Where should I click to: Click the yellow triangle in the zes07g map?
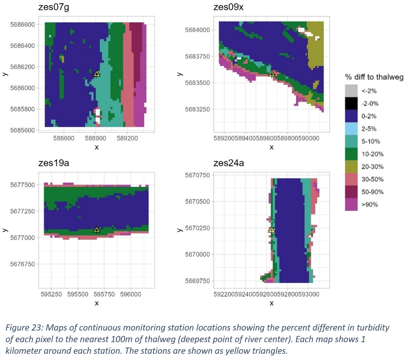[x=97, y=74]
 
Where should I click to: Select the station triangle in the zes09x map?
[x=272, y=74]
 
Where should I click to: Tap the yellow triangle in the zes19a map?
[x=97, y=230]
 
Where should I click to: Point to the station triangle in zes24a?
[x=272, y=230]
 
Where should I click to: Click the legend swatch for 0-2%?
[x=351, y=116]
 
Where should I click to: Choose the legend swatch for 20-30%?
[x=351, y=167]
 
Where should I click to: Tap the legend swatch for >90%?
[x=351, y=204]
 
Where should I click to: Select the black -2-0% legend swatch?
[x=351, y=103]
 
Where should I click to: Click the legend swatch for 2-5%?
[x=351, y=129]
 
